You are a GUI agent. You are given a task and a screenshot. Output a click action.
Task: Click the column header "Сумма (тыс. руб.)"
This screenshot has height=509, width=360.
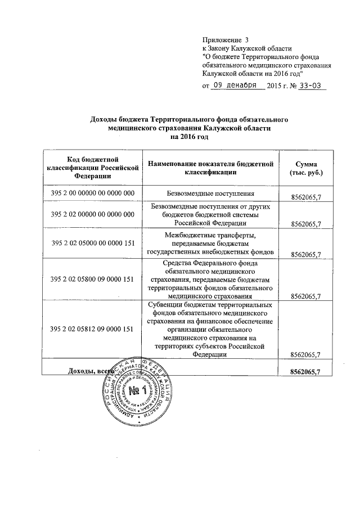point(307,168)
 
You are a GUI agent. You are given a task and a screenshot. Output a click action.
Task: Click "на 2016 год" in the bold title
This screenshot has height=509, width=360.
point(190,137)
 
